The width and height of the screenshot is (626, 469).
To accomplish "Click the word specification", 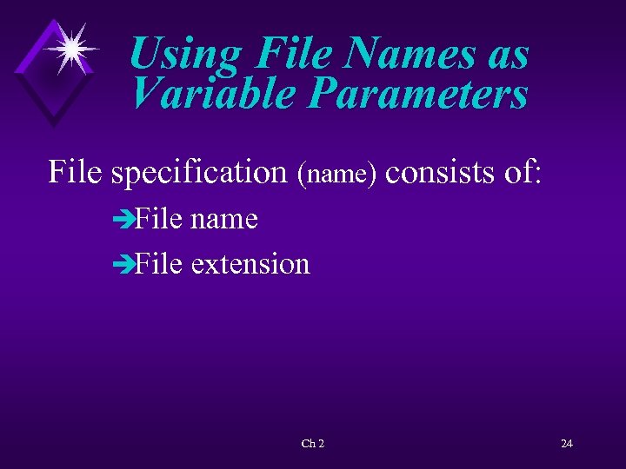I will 201,172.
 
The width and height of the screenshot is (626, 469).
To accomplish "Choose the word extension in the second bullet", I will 250,262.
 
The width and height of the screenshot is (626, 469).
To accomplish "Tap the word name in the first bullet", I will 223,219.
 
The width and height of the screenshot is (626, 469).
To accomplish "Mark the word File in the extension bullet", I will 158,262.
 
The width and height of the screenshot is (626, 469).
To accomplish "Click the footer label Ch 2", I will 312,444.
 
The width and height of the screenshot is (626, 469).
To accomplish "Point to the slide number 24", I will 566,444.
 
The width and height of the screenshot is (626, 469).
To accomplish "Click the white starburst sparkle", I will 69,48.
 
